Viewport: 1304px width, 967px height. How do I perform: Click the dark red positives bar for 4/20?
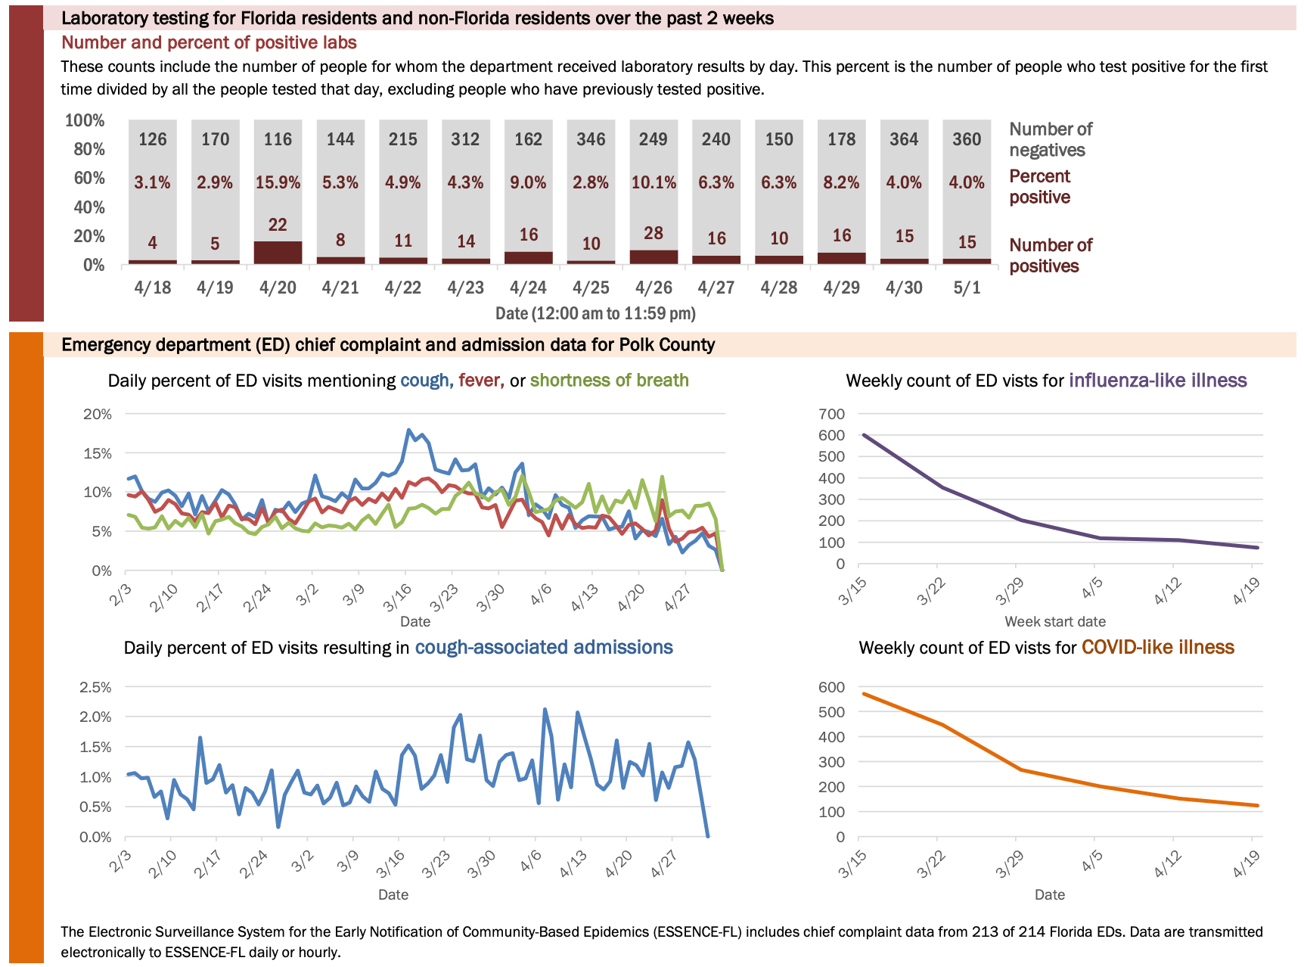click(278, 253)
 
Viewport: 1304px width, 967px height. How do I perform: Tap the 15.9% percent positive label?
click(278, 183)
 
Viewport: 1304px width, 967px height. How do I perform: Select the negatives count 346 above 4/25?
click(591, 139)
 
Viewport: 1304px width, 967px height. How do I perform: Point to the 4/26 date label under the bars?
click(654, 288)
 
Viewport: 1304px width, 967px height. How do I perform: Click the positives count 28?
click(654, 234)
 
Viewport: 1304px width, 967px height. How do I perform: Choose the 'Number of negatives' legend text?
click(1051, 140)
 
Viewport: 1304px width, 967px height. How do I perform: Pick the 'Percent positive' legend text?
click(1040, 187)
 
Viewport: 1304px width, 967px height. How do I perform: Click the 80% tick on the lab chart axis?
click(89, 149)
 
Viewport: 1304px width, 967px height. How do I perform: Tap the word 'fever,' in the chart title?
click(481, 381)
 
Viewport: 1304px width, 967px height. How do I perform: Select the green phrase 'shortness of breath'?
click(609, 381)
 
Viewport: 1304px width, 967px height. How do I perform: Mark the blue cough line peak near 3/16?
click(409, 431)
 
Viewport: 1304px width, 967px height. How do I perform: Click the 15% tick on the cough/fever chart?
click(98, 454)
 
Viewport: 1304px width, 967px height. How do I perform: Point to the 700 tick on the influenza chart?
click(831, 414)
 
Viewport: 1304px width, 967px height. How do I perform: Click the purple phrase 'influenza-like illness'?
click(1157, 381)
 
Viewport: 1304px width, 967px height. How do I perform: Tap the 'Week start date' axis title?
click(1054, 622)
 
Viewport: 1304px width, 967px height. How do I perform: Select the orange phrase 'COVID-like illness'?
click(1157, 648)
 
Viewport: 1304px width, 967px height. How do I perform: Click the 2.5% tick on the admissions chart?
click(95, 688)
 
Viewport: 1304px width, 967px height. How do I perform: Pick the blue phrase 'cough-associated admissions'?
click(544, 648)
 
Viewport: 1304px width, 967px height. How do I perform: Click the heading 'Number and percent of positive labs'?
click(209, 43)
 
